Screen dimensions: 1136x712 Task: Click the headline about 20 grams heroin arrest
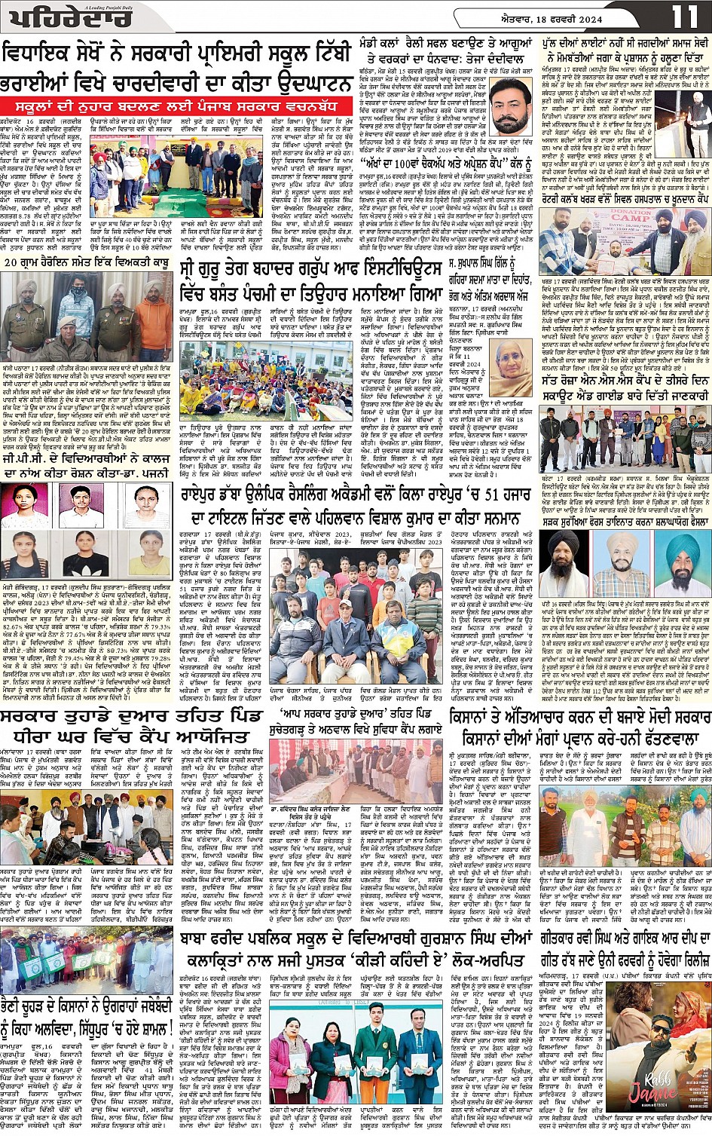[x=87, y=263]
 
